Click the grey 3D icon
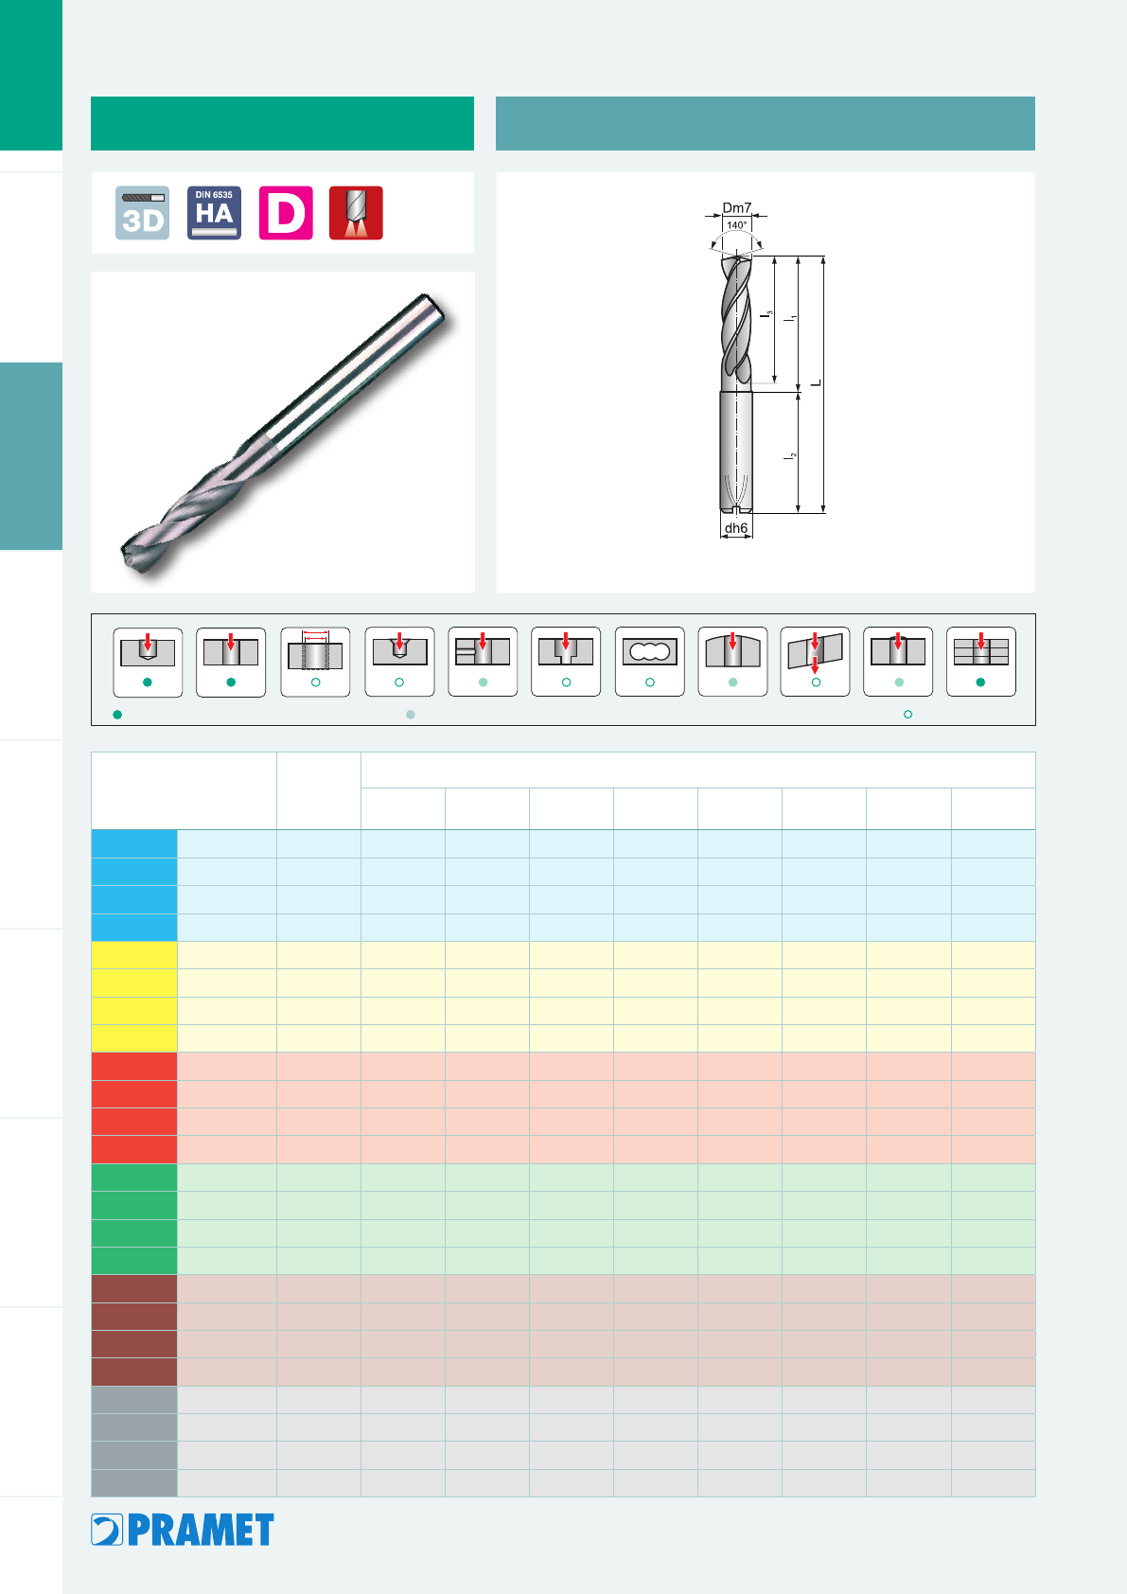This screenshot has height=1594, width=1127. coord(142,213)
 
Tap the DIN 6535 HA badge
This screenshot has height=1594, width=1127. coord(214,213)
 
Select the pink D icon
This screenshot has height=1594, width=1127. coord(286,213)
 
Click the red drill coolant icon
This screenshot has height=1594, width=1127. coord(356,213)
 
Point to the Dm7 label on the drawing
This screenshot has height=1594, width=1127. coord(736,208)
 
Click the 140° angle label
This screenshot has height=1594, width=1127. coord(736,225)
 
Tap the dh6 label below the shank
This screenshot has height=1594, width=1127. coord(735,528)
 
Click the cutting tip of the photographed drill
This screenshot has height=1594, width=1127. coord(125,555)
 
